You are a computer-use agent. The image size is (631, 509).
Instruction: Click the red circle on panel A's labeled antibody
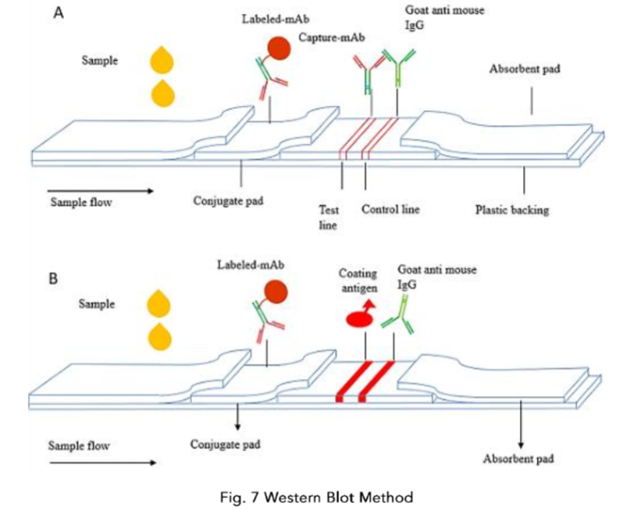point(277,48)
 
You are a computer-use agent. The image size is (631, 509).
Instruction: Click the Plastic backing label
point(513,209)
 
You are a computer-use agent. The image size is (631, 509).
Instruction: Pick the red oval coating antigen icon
point(361,320)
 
